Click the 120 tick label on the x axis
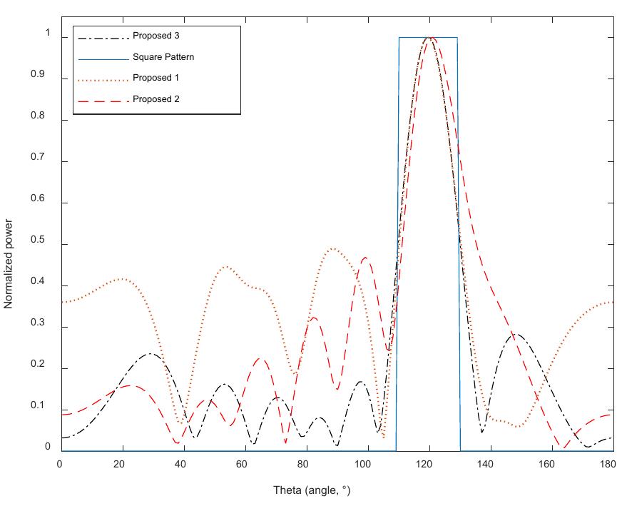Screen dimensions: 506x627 (428, 465)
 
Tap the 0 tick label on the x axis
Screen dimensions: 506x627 (60, 465)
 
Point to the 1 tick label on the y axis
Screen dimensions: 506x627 (48, 34)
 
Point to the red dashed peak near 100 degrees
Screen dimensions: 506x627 (365, 257)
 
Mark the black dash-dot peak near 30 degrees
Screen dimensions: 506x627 (151, 353)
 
